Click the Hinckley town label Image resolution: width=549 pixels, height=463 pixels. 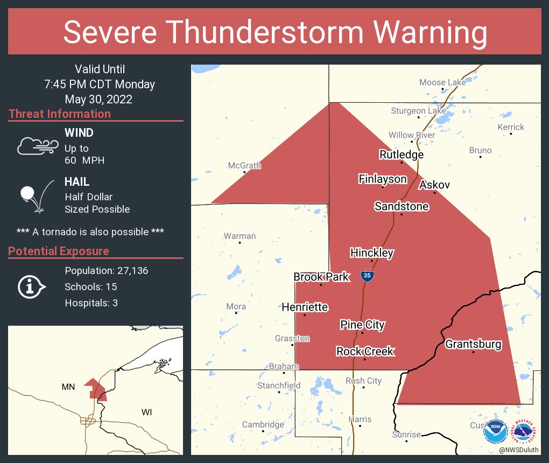pyautogui.click(x=372, y=252)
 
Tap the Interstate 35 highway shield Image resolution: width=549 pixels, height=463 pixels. pyautogui.click(x=367, y=275)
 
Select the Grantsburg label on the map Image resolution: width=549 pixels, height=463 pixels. pyautogui.click(x=473, y=344)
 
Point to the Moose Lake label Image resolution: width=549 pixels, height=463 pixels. pyautogui.click(x=442, y=82)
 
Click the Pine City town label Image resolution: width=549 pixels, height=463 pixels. pyautogui.click(x=362, y=325)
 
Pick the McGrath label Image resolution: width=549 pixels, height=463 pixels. pyautogui.click(x=244, y=165)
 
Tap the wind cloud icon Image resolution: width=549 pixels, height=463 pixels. pyautogui.click(x=37, y=145)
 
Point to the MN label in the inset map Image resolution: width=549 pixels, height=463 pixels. pyautogui.click(x=68, y=386)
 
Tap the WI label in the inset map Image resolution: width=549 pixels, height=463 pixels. pyautogui.click(x=146, y=412)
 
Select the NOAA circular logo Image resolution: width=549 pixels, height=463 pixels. pyautogui.click(x=495, y=432)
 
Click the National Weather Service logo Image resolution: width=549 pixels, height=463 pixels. pyautogui.click(x=525, y=432)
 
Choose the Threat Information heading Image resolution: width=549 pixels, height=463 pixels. pyautogui.click(x=60, y=114)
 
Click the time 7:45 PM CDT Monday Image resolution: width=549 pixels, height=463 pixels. pyautogui.click(x=100, y=84)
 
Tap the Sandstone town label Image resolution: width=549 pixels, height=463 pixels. pyautogui.click(x=402, y=206)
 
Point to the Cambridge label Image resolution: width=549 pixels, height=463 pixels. pyautogui.click(x=263, y=424)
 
